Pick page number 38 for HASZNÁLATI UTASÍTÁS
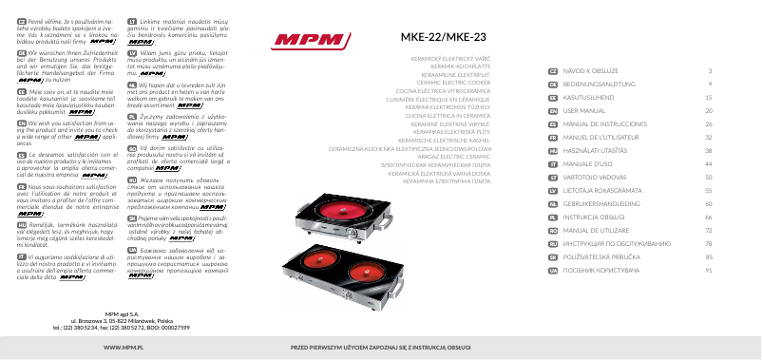708,150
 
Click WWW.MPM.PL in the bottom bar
109,350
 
